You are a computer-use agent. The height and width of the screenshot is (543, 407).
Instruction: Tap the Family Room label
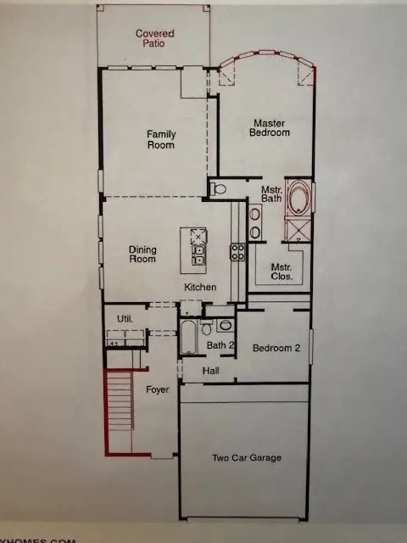160,139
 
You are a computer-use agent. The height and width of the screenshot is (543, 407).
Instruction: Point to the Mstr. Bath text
271,194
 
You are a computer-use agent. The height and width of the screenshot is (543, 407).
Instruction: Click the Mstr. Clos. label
282,271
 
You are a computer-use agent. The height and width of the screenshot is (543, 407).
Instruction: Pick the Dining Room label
142,255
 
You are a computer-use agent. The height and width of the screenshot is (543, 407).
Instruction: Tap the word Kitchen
201,288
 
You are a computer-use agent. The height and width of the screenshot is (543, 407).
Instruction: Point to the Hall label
211,371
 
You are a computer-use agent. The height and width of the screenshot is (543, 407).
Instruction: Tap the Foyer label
158,390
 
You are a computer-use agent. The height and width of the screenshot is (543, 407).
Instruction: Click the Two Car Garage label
246,458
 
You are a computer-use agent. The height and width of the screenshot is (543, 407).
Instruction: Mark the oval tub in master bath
298,199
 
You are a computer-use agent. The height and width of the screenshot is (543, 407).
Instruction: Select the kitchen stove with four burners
238,251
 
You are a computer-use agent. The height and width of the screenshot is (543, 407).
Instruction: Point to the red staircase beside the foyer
120,411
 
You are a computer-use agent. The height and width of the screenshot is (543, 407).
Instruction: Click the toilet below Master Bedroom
219,188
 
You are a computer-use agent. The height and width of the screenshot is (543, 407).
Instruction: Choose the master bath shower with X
298,232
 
